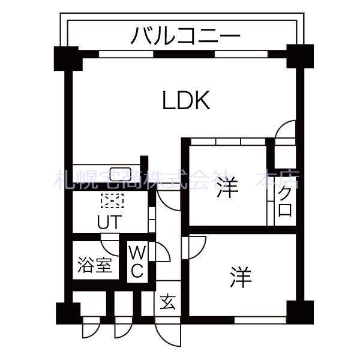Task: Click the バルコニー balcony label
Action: point(185,35)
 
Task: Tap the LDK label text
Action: point(186,101)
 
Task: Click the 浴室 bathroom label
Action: point(95,265)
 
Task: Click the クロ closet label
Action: point(285,203)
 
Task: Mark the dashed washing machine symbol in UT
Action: point(111,200)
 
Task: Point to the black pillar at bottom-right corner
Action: point(296,311)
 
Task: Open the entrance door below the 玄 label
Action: point(166,330)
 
